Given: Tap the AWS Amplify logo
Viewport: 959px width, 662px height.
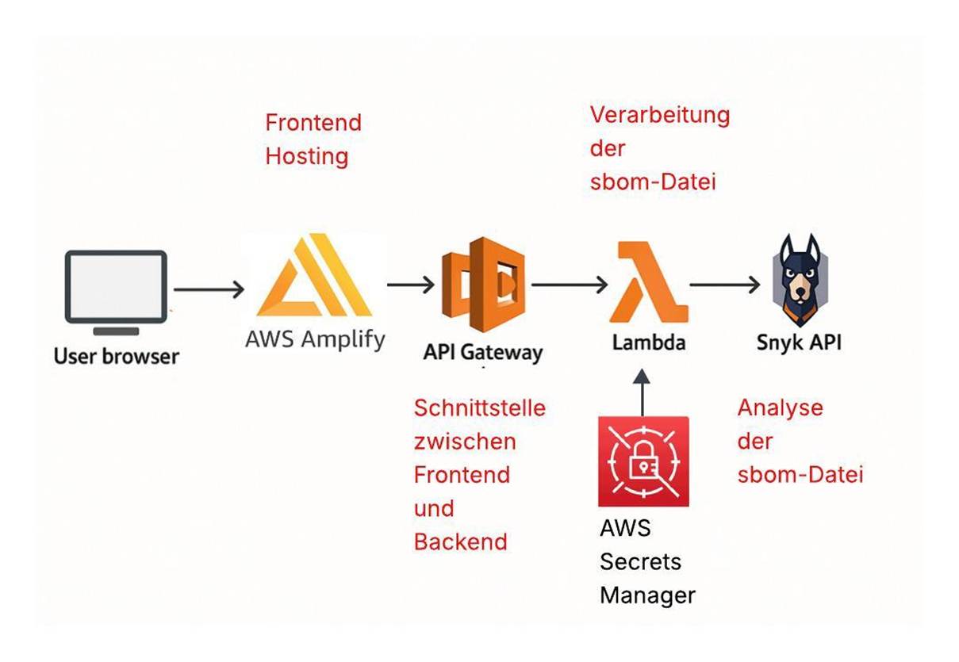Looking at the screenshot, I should tap(314, 276).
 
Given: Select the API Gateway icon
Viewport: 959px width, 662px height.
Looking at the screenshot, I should tap(483, 284).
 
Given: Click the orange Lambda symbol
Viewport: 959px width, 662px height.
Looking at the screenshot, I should tap(647, 282).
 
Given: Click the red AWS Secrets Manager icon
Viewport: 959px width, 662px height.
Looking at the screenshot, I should tap(643, 461).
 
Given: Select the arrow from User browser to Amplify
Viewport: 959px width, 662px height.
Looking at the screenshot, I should tap(209, 289).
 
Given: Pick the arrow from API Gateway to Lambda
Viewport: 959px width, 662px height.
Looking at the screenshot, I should tap(569, 283).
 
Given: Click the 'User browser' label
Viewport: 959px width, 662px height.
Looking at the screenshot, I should tap(117, 356).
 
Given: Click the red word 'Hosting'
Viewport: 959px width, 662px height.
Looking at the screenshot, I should tap(307, 156).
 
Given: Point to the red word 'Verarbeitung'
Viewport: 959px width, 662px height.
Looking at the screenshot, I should tap(660, 115).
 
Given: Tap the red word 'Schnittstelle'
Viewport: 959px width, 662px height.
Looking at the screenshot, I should tap(480, 408).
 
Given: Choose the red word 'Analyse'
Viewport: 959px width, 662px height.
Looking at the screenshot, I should tap(781, 408).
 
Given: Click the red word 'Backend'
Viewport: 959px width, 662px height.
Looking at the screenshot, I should tap(460, 542).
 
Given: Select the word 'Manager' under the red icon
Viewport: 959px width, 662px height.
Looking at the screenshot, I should tap(647, 595).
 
